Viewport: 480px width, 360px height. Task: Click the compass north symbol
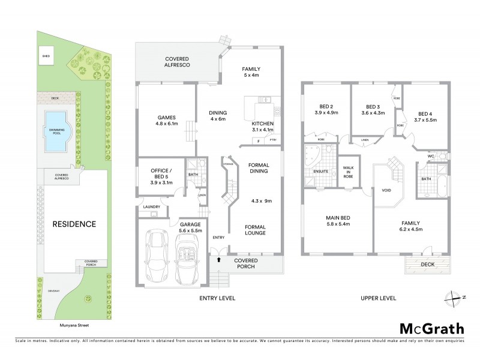tap(452, 297)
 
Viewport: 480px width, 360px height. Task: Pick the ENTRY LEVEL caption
tap(218, 298)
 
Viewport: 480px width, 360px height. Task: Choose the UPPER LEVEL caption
tap(377, 298)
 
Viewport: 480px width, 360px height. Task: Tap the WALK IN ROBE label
tap(347, 172)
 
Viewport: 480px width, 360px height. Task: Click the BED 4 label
tap(425, 114)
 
